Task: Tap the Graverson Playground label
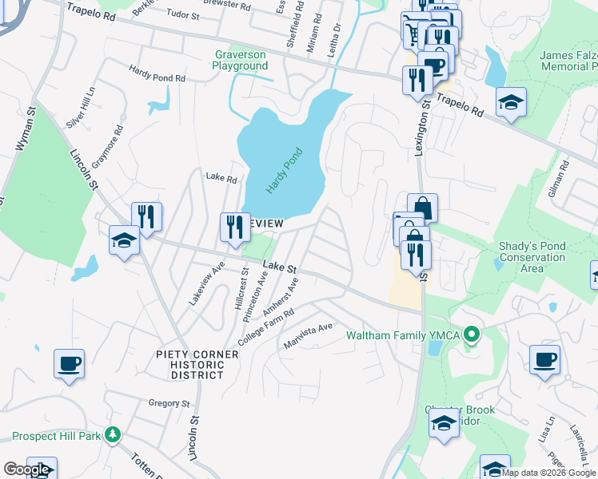(240, 60)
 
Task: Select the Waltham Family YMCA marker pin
(472, 335)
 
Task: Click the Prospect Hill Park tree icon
(113, 436)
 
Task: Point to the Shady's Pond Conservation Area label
(532, 257)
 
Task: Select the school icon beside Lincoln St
(125, 241)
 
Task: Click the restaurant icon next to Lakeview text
(235, 228)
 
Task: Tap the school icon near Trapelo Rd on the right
(510, 102)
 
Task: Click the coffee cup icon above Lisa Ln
(545, 359)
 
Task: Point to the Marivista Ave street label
(309, 335)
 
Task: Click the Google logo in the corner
(26, 469)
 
